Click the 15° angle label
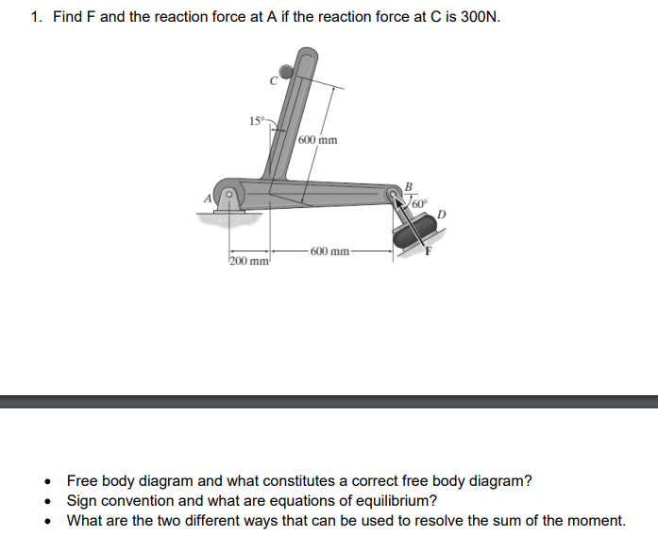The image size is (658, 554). pos(257,121)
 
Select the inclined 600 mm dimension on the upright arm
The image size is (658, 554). pos(317,140)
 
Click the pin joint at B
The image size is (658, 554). pos(394,195)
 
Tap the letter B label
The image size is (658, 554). pos(408,184)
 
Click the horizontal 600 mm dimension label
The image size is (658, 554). pos(330,251)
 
